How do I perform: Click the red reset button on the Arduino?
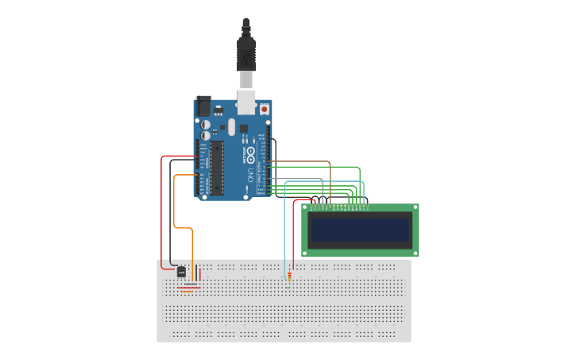point(265,109)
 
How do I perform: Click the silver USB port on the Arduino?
point(245,103)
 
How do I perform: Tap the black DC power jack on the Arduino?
point(203,106)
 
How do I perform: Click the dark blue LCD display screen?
point(360,230)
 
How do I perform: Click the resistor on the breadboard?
point(289,277)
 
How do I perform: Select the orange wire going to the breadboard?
point(191,238)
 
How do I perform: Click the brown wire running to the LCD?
point(318,162)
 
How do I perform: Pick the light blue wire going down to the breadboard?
point(285,230)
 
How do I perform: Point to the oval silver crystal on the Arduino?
point(232,126)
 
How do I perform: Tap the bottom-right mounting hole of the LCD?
point(415,253)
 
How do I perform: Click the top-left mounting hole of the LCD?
point(306,208)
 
